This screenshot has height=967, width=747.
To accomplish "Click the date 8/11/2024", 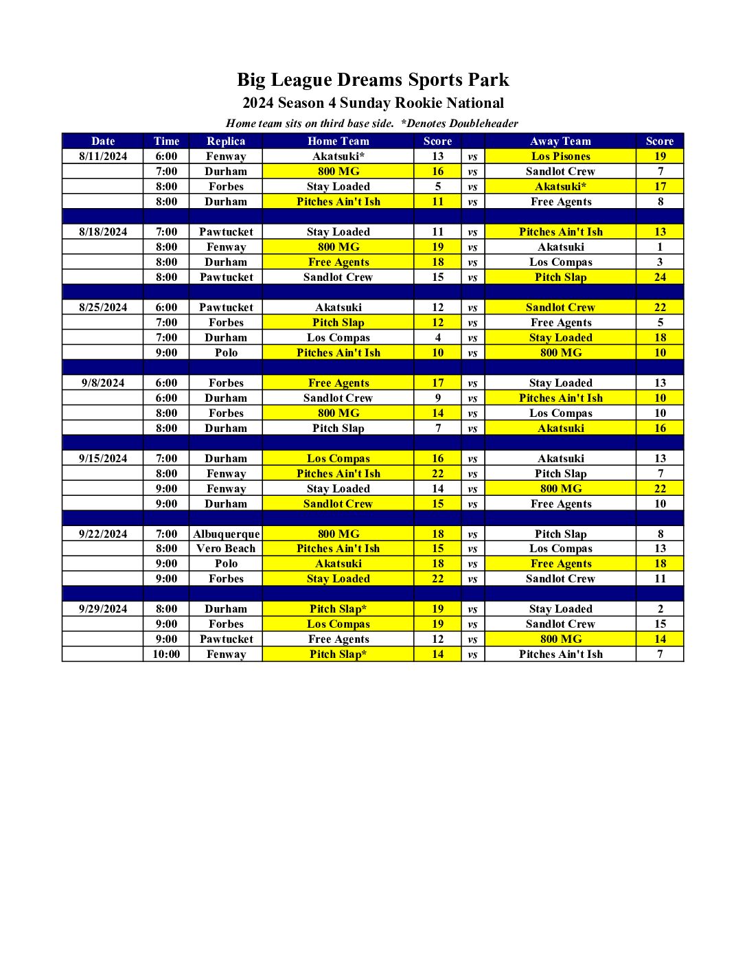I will point(103,157).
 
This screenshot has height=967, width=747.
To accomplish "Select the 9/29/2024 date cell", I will point(103,609).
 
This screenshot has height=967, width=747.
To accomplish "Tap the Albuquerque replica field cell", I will point(227,534).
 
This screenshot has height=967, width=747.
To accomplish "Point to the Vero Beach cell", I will point(226,549).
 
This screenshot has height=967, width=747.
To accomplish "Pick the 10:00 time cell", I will point(166,655).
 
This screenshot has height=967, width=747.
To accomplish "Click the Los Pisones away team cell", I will point(560,157).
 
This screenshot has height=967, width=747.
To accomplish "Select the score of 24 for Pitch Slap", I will point(660,277).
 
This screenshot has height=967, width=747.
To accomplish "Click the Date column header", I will point(103,141).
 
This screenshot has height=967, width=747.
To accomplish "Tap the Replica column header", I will point(226,141).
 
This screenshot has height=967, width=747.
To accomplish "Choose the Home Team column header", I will point(338,141).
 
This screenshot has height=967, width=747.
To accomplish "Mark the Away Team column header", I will point(560,141).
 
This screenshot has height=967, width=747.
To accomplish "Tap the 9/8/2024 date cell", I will point(103,383).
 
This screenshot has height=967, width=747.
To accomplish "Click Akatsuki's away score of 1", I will point(660,247).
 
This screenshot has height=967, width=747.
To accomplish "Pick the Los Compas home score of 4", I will point(438,338).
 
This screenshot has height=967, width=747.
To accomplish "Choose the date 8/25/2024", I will point(103,308).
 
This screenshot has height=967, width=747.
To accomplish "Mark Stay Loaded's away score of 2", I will point(660,609).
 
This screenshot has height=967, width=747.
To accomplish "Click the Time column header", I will point(166,141).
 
